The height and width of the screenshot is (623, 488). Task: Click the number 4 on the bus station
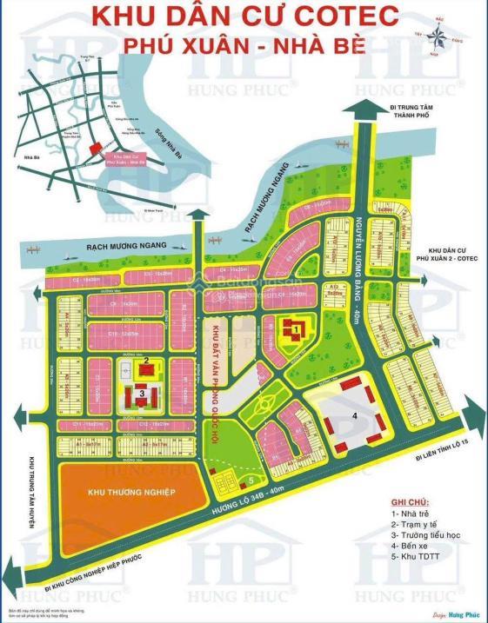[x=355, y=415]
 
